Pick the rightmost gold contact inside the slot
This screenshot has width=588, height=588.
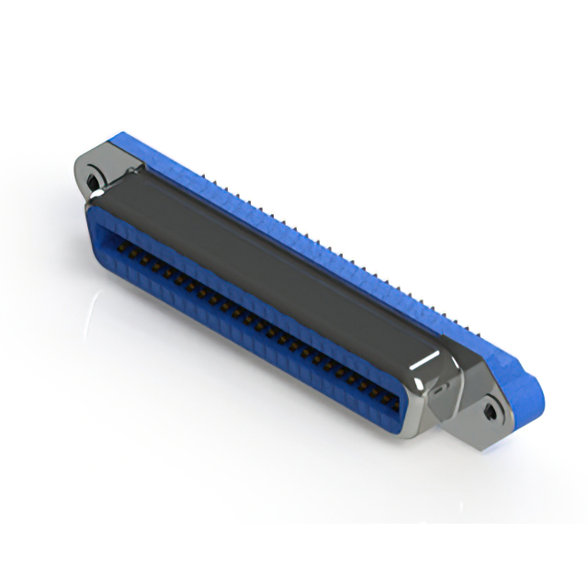click(393, 401)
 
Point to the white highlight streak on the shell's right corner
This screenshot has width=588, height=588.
click(425, 361)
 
